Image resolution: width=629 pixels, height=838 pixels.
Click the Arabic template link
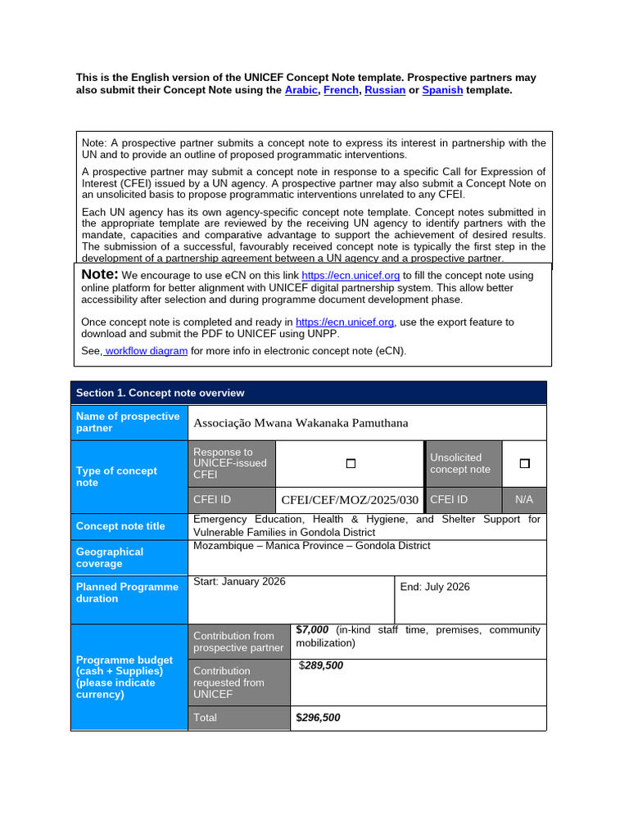point(301,91)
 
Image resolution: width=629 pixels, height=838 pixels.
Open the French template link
point(341,91)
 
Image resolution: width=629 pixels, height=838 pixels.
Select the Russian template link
point(385,91)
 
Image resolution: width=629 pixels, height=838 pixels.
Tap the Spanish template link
point(442,91)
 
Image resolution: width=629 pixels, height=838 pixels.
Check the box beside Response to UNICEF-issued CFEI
point(351,463)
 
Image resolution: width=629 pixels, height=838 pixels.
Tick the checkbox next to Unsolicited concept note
point(524,463)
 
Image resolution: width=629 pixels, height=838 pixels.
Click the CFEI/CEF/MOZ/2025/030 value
point(350,500)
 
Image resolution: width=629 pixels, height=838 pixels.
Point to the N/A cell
point(524,500)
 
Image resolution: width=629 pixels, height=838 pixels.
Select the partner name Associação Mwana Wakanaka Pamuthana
point(300,423)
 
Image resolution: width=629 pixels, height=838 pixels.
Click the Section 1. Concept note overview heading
point(160,393)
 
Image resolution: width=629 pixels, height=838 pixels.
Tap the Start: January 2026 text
point(239,582)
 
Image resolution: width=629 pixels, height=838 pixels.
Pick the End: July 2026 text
point(435,588)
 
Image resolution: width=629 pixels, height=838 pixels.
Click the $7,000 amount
point(312,630)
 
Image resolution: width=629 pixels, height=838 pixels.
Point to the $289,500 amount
point(321,666)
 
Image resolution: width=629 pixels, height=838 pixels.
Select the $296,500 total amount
point(318,718)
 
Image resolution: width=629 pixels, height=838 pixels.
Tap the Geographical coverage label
point(110,557)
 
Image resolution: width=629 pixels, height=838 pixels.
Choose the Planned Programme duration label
point(127,592)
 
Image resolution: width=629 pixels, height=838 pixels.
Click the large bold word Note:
point(100,275)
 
